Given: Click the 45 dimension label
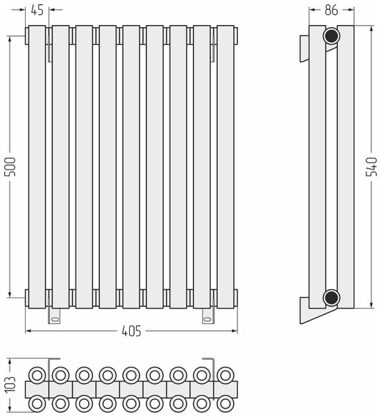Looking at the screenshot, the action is [x=37, y=10].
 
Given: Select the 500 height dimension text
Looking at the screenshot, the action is [x=11, y=167].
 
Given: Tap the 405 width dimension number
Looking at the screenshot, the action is [x=131, y=332].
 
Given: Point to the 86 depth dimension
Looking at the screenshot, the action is [x=331, y=10].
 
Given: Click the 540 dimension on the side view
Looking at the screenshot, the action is [x=371, y=167].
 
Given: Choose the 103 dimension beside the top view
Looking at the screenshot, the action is [x=11, y=384].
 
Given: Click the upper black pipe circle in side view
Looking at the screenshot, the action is [x=331, y=36].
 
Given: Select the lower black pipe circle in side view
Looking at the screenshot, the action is [x=331, y=297].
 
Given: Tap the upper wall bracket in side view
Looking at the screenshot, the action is [x=305, y=49].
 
